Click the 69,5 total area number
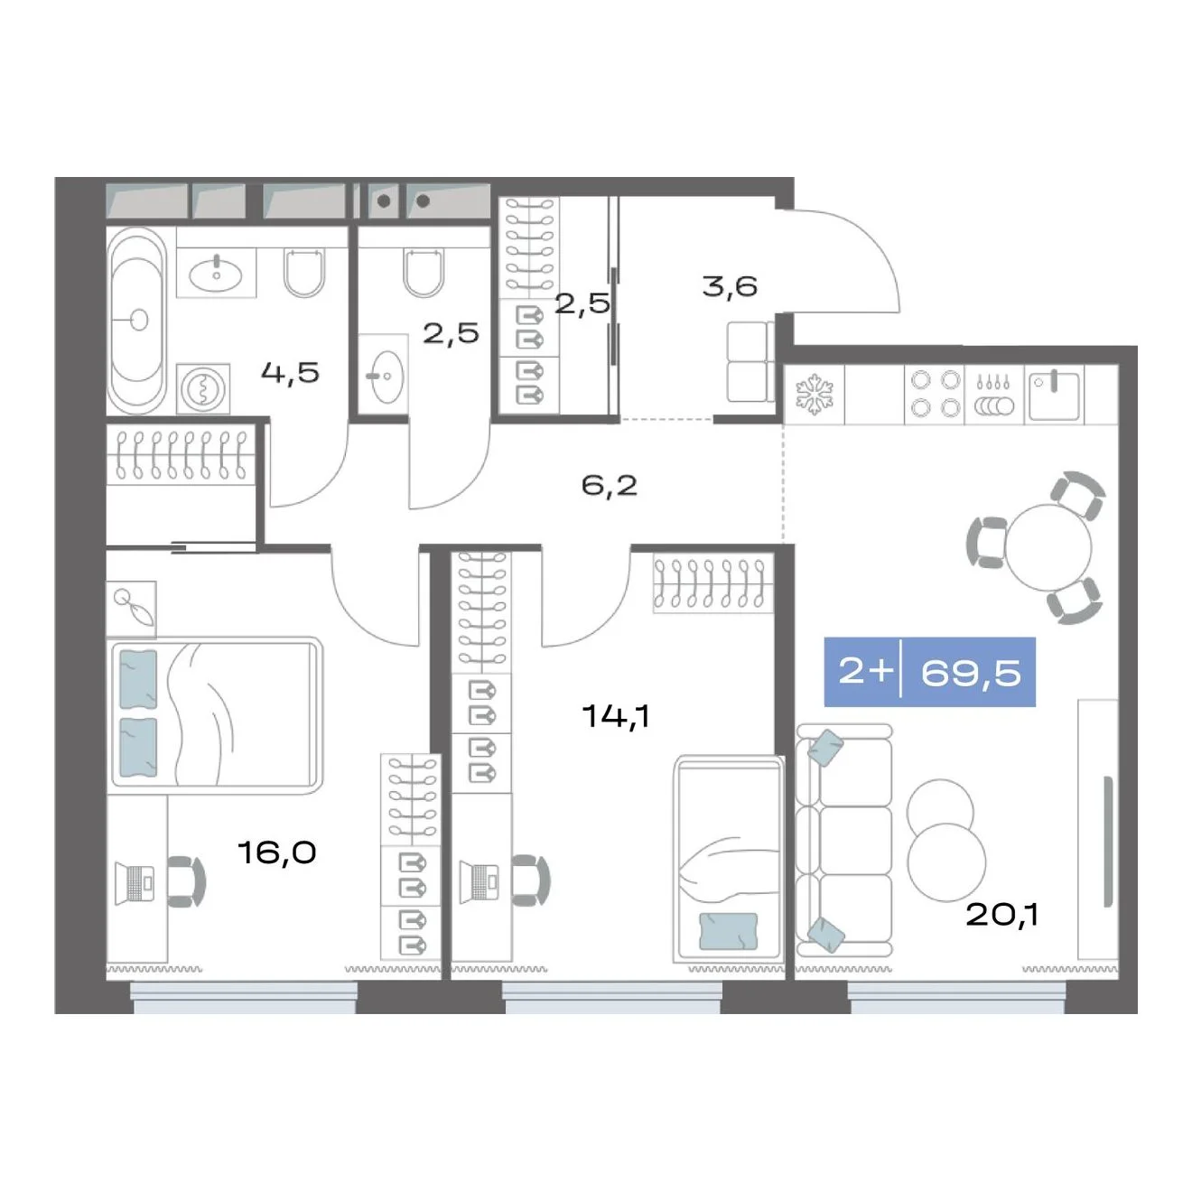pyautogui.click(x=970, y=673)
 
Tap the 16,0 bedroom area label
pyautogui.click(x=277, y=852)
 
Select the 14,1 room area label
pyautogui.click(x=616, y=716)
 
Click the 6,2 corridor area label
pyautogui.click(x=610, y=486)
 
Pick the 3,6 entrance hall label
pyautogui.click(x=730, y=287)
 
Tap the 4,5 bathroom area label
pyautogui.click(x=290, y=373)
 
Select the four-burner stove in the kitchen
pyautogui.click(x=934, y=394)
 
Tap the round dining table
pyautogui.click(x=1048, y=547)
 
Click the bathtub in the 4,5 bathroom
pyautogui.click(x=137, y=321)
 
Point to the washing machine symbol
pyautogui.click(x=203, y=387)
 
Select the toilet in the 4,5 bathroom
pyautogui.click(x=303, y=272)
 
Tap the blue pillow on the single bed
pyautogui.click(x=729, y=931)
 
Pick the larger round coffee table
pyautogui.click(x=946, y=862)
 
